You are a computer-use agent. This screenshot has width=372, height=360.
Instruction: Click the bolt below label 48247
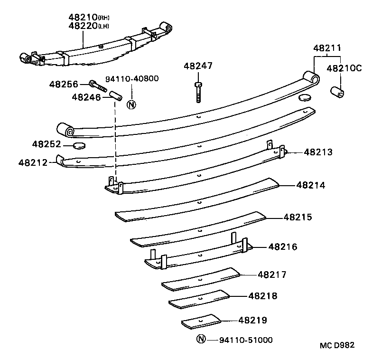pyautogui.click(x=198, y=93)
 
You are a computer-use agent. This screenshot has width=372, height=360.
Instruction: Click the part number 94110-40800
pyautogui.click(x=132, y=79)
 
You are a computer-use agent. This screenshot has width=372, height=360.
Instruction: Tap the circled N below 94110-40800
pyautogui.click(x=132, y=104)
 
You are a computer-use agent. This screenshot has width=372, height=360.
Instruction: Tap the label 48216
pyautogui.click(x=283, y=247)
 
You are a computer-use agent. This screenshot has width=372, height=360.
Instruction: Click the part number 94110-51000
pyautogui.click(x=246, y=340)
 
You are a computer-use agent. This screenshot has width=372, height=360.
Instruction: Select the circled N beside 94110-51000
pyautogui.click(x=201, y=339)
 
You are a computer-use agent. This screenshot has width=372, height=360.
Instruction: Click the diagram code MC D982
pyautogui.click(x=336, y=345)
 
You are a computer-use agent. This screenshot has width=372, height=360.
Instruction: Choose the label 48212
pyautogui.click(x=33, y=162)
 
